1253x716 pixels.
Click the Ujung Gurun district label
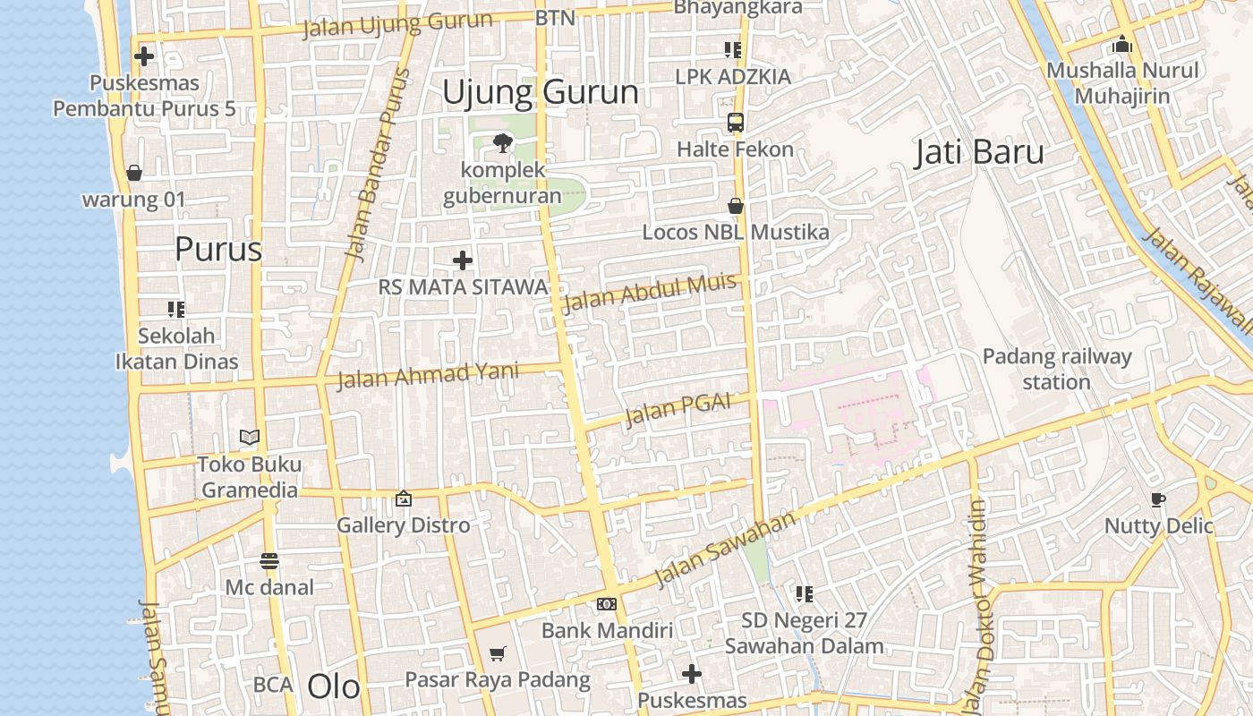click(x=541, y=92)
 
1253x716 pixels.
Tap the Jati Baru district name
click(x=979, y=152)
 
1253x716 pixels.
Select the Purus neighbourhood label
click(x=218, y=249)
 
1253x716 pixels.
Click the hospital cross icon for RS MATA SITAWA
click(x=463, y=260)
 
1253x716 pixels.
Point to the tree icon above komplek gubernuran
click(x=503, y=142)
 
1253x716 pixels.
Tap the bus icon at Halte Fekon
click(x=735, y=123)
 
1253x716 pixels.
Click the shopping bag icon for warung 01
click(x=134, y=173)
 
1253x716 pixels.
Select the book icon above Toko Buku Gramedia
click(x=250, y=438)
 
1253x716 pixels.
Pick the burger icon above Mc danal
click(x=269, y=561)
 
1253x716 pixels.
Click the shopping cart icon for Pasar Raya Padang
click(x=498, y=654)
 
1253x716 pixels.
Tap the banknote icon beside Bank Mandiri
click(x=607, y=604)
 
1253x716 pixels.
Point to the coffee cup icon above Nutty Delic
click(x=1158, y=499)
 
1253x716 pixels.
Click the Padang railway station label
click(x=1057, y=369)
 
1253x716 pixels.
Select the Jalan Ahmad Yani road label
click(x=427, y=373)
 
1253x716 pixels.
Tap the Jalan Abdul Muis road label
click(x=649, y=292)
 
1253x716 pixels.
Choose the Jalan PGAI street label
click(x=676, y=411)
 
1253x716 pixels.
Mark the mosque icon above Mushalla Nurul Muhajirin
click(x=1122, y=44)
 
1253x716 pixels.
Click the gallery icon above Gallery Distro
click(x=404, y=499)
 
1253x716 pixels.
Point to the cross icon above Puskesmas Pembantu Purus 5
click(x=144, y=56)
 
